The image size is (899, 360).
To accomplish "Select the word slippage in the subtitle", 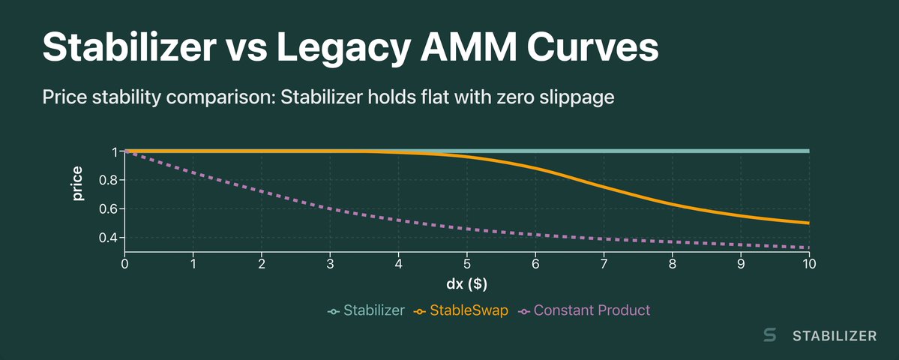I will (576, 97).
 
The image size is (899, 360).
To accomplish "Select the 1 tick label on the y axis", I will (114, 151).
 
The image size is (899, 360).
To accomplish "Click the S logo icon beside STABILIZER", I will (769, 336).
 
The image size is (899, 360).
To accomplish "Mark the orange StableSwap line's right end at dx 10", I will (808, 223).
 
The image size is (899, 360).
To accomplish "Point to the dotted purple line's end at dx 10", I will (808, 247).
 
